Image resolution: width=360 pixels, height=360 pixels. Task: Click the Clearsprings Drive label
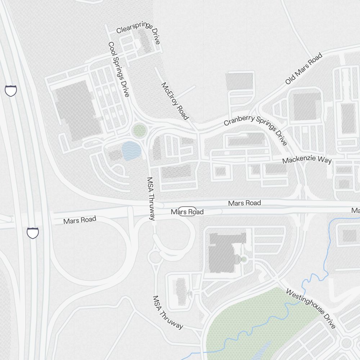[x=138, y=32]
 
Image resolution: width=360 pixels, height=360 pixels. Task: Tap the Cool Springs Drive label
[x=118, y=69]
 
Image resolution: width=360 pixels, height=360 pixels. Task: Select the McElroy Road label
[x=175, y=101]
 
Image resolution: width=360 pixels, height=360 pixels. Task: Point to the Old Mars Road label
[x=303, y=68]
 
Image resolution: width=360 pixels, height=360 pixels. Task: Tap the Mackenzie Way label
[x=307, y=160]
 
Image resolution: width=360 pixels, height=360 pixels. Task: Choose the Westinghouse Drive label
[x=311, y=308]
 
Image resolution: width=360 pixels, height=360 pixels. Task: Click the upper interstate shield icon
[x=11, y=90]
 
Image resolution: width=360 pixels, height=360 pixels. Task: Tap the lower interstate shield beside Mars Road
[x=32, y=233]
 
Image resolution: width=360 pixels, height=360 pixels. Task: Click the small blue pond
[x=130, y=150]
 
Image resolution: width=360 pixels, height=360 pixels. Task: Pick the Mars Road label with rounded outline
[x=187, y=212]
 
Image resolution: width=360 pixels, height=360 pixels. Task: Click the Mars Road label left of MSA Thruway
[x=80, y=220]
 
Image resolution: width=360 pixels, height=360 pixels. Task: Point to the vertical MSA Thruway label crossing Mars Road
[x=152, y=198]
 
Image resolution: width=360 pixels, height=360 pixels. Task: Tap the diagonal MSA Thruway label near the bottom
[x=168, y=312]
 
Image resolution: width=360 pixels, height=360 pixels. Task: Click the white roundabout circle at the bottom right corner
[x=346, y=343]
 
